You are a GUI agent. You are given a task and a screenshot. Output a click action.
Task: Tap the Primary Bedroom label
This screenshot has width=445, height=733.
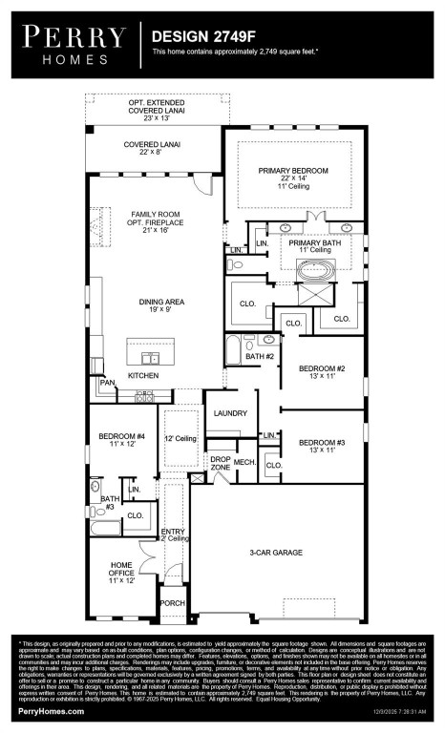(292, 178)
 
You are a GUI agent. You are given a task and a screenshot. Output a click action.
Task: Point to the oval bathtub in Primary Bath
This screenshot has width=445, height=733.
(314, 272)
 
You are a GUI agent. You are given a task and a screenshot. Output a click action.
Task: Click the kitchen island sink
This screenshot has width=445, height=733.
(151, 358)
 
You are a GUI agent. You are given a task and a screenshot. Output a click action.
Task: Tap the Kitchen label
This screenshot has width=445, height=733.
(143, 375)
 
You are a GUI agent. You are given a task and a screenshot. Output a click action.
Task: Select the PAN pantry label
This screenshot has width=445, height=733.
(108, 383)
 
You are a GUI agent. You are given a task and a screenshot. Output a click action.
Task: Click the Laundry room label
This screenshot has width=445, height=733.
(231, 413)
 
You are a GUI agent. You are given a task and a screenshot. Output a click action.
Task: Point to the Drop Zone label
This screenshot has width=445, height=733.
(221, 464)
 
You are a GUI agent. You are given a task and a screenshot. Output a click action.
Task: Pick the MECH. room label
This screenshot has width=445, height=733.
(245, 462)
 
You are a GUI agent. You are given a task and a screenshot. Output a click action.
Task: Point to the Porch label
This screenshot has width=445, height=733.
(172, 603)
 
